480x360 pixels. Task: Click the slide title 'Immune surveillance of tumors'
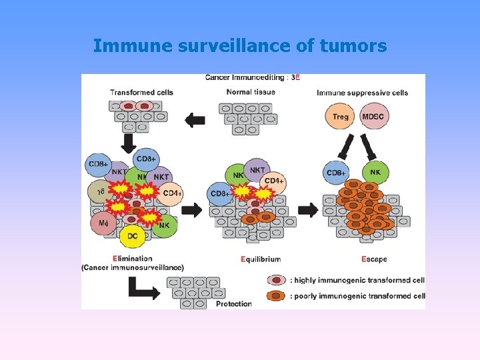(240, 46)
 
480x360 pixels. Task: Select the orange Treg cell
(340, 117)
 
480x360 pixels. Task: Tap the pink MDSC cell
(374, 117)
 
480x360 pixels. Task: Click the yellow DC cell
(133, 236)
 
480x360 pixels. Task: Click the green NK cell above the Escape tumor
(375, 173)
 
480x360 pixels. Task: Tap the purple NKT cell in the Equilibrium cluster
(257, 171)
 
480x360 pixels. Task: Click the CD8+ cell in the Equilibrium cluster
(221, 194)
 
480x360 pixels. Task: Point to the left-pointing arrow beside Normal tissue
(195, 120)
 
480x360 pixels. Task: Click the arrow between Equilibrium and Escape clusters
(308, 210)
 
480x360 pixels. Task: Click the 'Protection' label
(233, 304)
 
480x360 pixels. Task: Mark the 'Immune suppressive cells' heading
(362, 93)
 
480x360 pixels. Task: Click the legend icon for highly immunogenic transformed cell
(276, 281)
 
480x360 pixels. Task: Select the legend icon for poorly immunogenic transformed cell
(276, 296)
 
